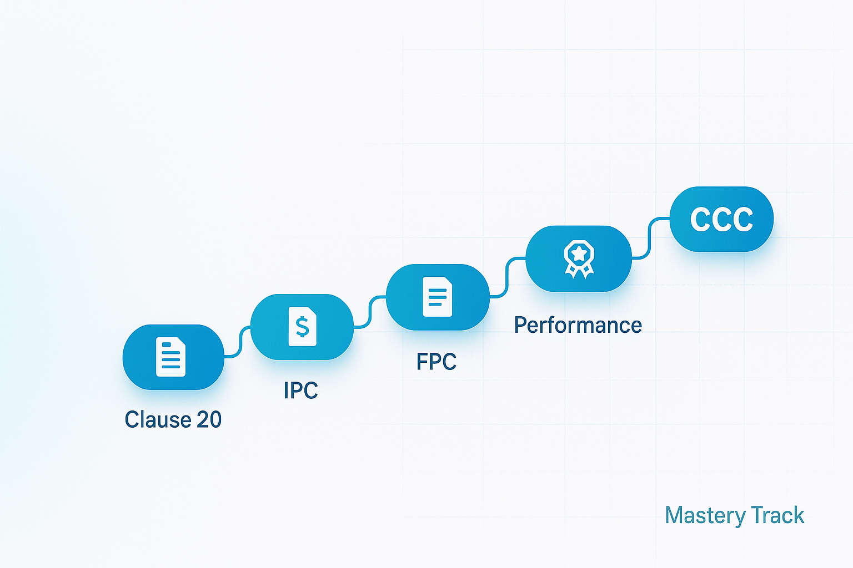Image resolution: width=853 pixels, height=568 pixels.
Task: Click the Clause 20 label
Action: click(173, 419)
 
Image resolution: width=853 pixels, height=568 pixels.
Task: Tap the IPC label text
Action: click(300, 390)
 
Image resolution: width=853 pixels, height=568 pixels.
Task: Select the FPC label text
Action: click(436, 362)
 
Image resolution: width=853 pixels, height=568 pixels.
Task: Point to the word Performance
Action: click(578, 325)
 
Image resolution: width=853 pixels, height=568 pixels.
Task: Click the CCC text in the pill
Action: click(721, 219)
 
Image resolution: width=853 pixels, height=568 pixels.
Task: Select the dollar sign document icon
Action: click(302, 327)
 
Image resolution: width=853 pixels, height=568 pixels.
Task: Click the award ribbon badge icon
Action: click(579, 258)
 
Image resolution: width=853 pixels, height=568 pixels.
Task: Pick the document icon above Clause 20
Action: click(170, 357)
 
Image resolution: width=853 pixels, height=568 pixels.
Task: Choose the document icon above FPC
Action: click(437, 297)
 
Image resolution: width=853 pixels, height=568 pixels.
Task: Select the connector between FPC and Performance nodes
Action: click(507, 277)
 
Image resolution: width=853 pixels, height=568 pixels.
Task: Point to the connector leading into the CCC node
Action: click(650, 237)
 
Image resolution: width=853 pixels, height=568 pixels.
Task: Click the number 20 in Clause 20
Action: click(209, 419)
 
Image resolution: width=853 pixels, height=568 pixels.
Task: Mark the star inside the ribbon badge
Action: click(579, 253)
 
